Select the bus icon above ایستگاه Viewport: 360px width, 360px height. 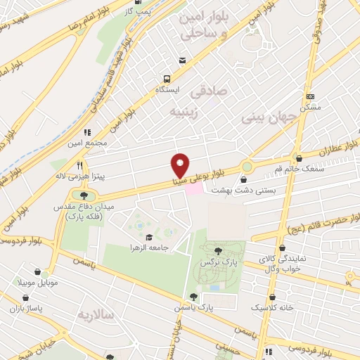coord(167,79)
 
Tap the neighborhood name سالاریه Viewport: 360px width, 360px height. coord(96,314)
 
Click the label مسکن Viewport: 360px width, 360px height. coord(310,107)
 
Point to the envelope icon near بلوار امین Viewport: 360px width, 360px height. coord(183,61)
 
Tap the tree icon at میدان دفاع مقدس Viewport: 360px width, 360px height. coord(84,195)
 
